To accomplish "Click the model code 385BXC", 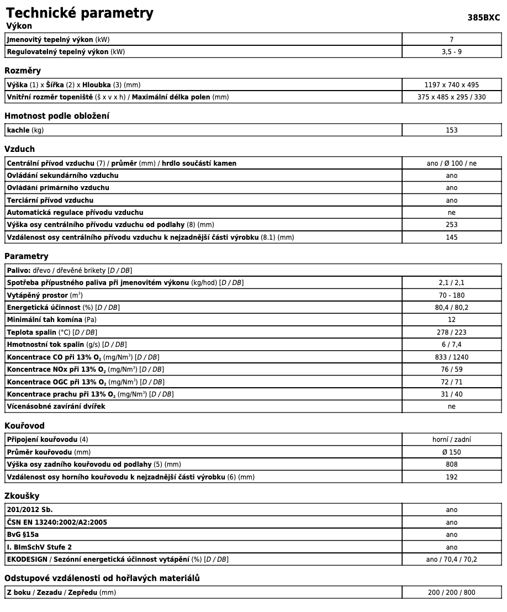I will (x=483, y=17).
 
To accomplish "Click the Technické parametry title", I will (x=80, y=13).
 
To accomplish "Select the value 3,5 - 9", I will (x=451, y=52).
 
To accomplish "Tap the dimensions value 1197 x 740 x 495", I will (x=451, y=85).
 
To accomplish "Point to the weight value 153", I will (x=451, y=130).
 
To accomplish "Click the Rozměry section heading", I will (x=23, y=71).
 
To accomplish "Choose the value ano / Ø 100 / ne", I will (x=451, y=163).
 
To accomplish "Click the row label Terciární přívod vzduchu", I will (x=50, y=201).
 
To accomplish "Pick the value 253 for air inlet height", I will (x=451, y=225).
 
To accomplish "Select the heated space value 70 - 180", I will (x=451, y=296).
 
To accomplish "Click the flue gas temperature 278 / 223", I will (x=451, y=333).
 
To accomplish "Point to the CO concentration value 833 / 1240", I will (x=451, y=357).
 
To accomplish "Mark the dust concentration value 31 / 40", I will (x=451, y=394).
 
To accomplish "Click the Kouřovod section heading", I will (x=24, y=426).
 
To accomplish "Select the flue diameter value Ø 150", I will (x=451, y=452).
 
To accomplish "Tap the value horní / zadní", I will (x=451, y=440).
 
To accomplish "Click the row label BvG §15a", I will (x=23, y=535).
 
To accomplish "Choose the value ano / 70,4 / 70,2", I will (x=451, y=560).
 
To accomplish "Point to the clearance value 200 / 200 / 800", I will (x=451, y=593).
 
